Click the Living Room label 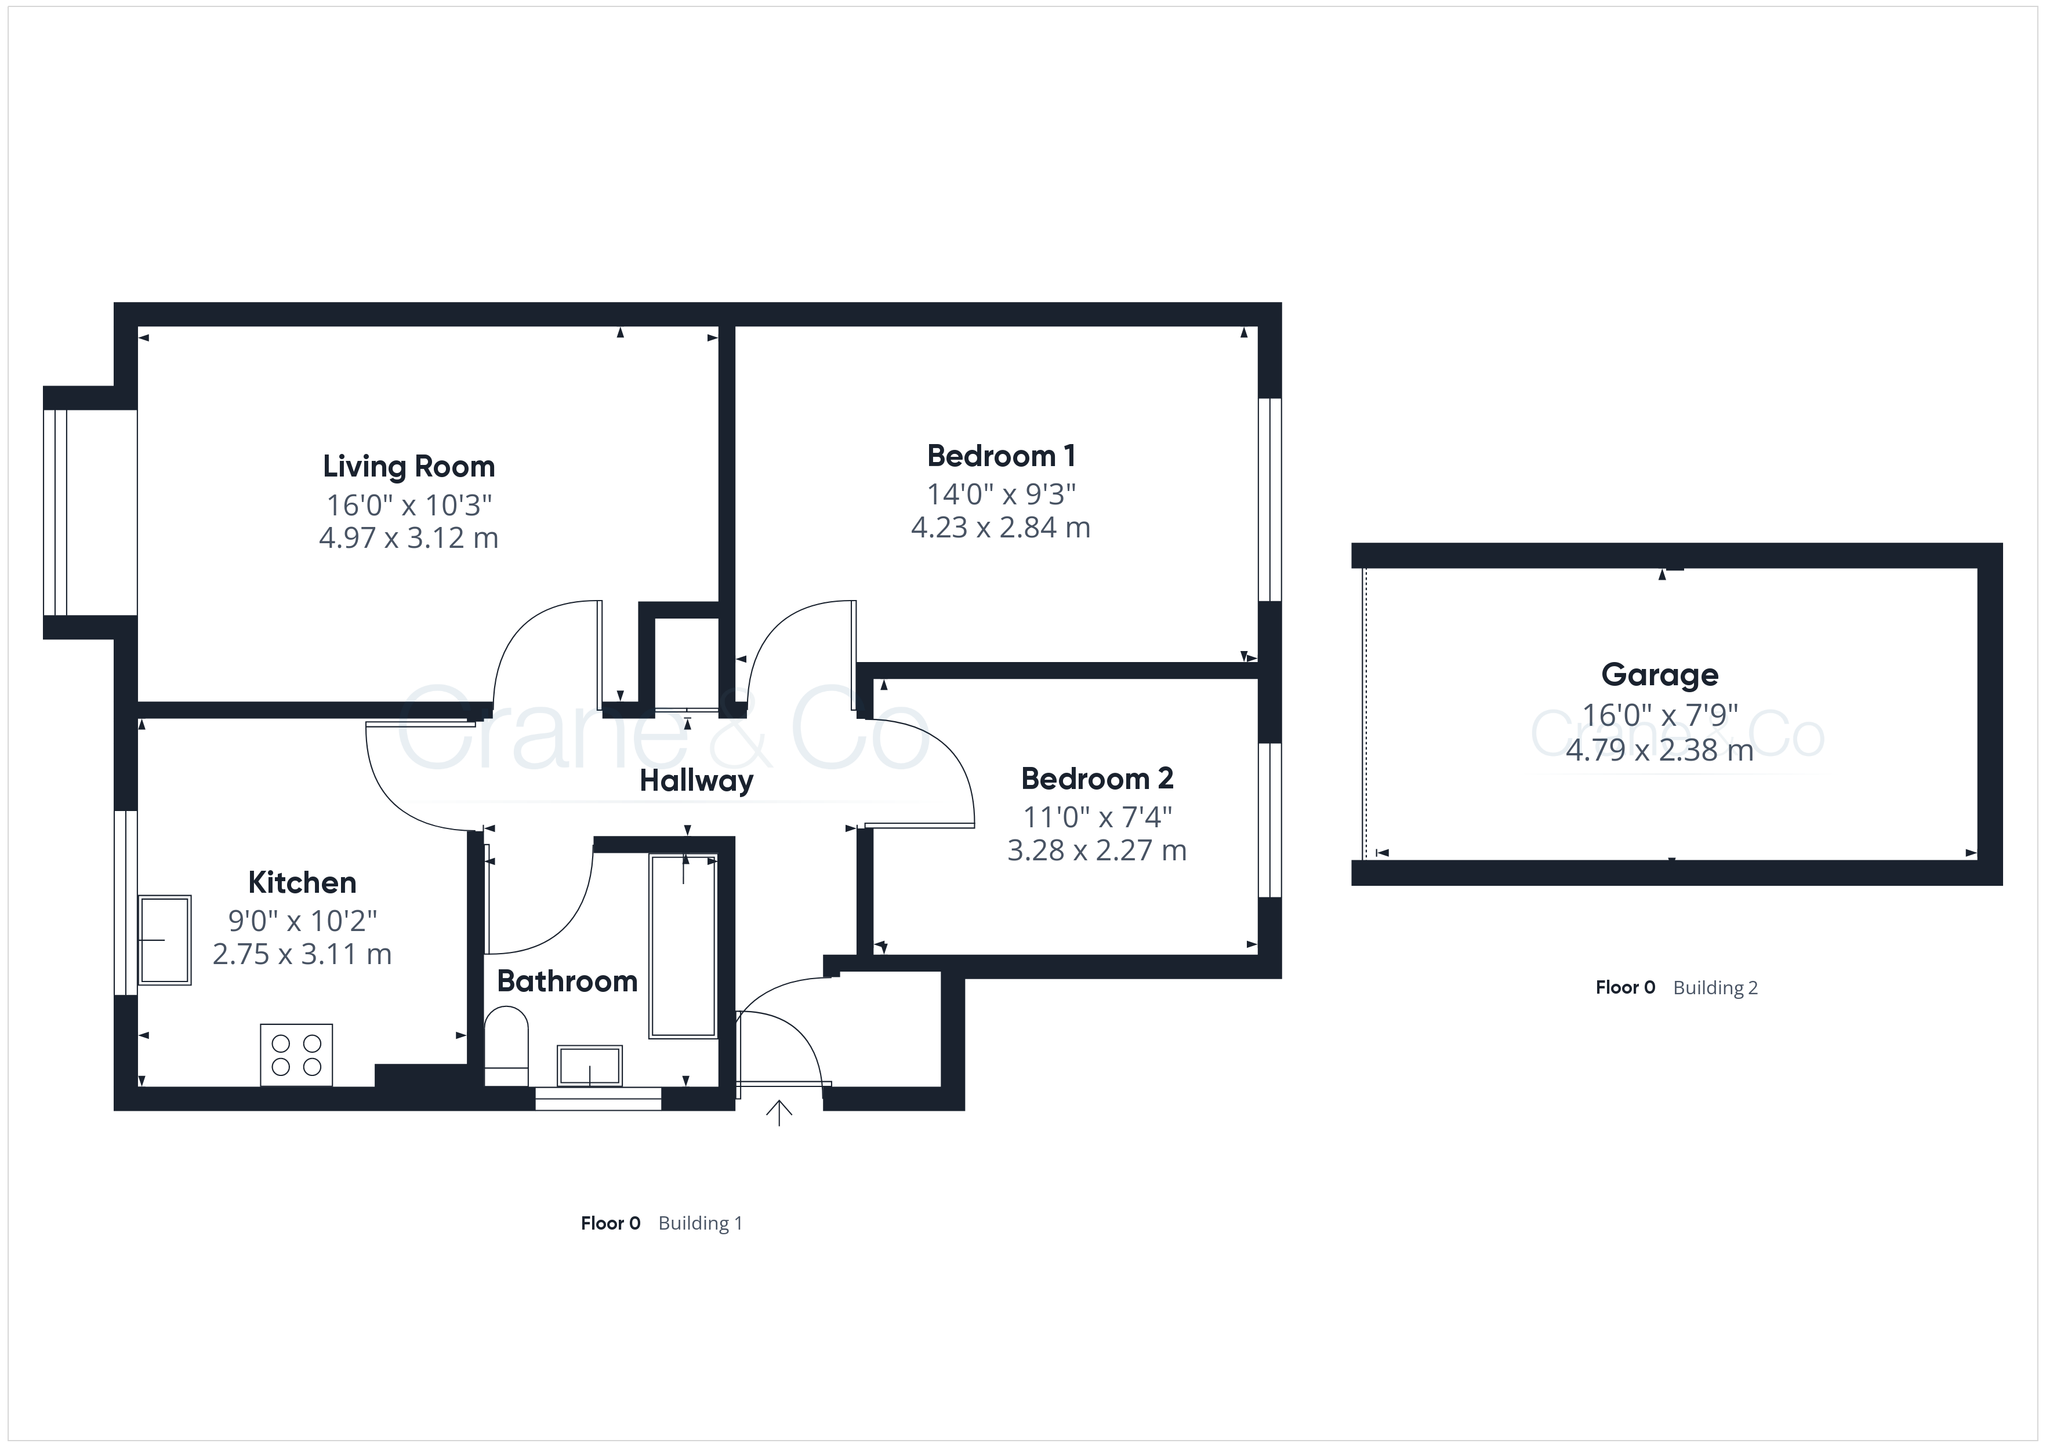pyautogui.click(x=408, y=467)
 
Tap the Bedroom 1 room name pyautogui.click(x=1001, y=456)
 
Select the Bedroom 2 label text pyautogui.click(x=1097, y=779)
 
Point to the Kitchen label pyautogui.click(x=302, y=882)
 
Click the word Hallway pyautogui.click(x=696, y=781)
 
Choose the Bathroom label pyautogui.click(x=567, y=981)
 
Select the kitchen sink pyautogui.click(x=165, y=940)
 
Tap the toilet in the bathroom pyautogui.click(x=506, y=1045)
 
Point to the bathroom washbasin pyautogui.click(x=589, y=1066)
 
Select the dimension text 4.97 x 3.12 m pyautogui.click(x=408, y=538)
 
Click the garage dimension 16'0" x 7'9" pyautogui.click(x=1659, y=715)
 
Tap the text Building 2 pyautogui.click(x=1715, y=987)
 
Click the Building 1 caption pyautogui.click(x=701, y=1223)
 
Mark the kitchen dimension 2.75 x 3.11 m pyautogui.click(x=302, y=954)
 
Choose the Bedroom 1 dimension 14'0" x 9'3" pyautogui.click(x=1001, y=493)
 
